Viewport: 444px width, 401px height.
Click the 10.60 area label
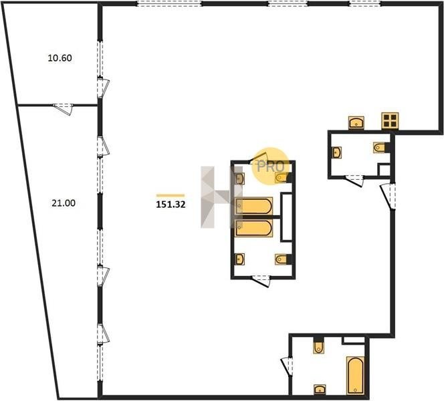[x=60, y=58]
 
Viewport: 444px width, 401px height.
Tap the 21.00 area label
[x=64, y=203]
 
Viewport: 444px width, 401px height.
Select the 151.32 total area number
[x=171, y=205]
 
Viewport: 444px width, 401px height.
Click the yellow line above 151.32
[x=171, y=195]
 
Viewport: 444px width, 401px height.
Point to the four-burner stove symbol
[x=390, y=121]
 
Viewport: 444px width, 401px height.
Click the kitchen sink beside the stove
[x=356, y=122]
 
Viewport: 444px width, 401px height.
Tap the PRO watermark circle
[x=270, y=166]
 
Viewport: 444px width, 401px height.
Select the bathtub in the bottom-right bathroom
[x=355, y=376]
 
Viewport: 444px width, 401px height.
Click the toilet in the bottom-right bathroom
[x=318, y=346]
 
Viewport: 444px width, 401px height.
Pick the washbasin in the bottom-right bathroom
[x=320, y=390]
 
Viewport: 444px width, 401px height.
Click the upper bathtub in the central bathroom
[x=254, y=206]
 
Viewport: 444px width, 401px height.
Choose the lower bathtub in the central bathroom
[x=254, y=228]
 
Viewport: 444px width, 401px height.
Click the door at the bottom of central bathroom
[x=261, y=281]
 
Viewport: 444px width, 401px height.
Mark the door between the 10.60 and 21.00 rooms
[x=63, y=109]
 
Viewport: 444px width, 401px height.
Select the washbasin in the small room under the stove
[x=337, y=152]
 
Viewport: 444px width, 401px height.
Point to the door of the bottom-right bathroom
[x=287, y=366]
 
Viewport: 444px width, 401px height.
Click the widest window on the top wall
[x=169, y=4]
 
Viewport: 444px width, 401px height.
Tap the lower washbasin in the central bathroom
[x=240, y=259]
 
